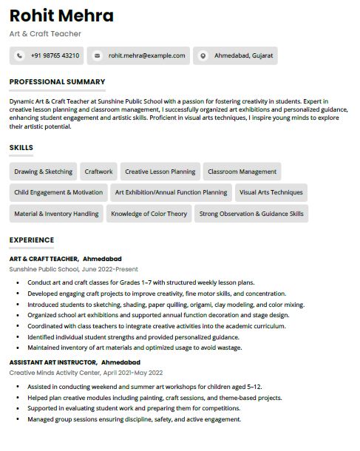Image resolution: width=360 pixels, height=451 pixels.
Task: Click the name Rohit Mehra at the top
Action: coord(61,16)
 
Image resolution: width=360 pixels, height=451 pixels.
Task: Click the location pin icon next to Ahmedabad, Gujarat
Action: coord(203,55)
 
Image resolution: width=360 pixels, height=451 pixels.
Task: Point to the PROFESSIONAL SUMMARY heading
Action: coord(57,82)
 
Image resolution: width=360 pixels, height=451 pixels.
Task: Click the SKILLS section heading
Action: coord(21,148)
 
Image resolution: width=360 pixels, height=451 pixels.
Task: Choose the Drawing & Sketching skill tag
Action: coord(43,172)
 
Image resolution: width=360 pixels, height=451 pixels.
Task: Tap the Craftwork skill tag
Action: coord(98,172)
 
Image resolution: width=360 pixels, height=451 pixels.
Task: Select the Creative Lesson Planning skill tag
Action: coord(160,172)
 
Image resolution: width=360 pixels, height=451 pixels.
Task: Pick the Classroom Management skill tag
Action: coord(242,172)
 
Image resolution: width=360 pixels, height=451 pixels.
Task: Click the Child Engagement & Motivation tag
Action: coord(58,192)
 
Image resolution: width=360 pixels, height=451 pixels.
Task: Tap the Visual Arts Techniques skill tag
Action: coord(271,192)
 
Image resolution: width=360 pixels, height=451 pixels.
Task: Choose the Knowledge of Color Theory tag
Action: coord(149,214)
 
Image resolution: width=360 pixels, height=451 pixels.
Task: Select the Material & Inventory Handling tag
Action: coord(56,214)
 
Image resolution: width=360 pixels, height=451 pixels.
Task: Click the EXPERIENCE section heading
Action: coord(31,240)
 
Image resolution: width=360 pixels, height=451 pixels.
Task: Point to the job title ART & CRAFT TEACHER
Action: coord(44,260)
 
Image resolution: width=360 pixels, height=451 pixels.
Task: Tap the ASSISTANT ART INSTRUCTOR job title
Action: coord(53,363)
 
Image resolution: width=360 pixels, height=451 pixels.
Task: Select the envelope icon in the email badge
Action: coord(97,55)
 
